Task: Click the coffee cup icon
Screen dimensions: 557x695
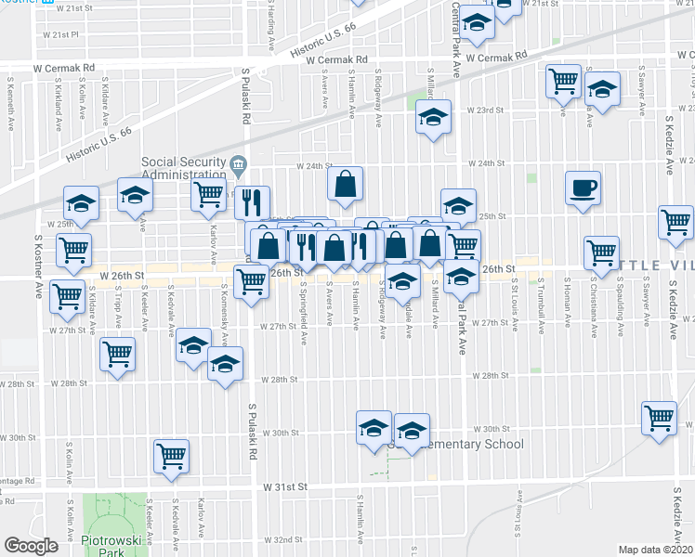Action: point(583,188)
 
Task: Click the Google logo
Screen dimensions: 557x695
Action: point(31,545)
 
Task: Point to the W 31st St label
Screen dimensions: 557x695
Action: point(282,486)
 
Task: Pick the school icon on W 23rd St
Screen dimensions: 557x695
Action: point(433,117)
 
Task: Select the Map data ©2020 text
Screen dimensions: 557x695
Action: point(656,550)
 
